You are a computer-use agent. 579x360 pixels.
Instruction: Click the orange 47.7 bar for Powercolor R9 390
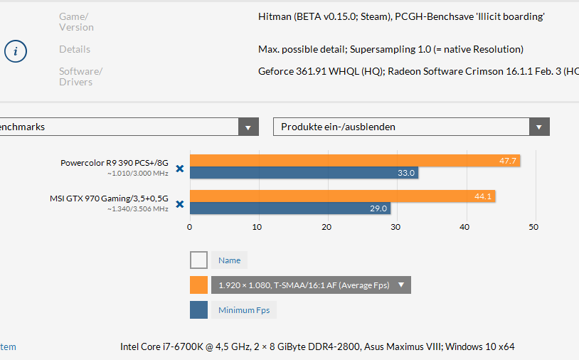pos(354,161)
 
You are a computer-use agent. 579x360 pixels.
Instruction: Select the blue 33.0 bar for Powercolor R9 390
pos(304,173)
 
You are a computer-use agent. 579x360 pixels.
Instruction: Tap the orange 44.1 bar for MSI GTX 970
pos(342,196)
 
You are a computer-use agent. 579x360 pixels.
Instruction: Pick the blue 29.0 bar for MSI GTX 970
pos(289,208)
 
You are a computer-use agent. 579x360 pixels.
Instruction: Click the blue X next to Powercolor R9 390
pos(180,169)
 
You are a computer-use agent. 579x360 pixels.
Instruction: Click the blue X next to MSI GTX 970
pos(180,204)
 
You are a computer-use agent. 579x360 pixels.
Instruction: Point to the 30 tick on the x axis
pos(395,227)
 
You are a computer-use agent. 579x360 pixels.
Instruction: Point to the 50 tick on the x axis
pos(533,227)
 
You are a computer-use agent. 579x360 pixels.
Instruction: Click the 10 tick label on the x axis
pos(257,227)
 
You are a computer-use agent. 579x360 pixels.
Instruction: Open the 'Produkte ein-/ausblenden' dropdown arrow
pos(539,127)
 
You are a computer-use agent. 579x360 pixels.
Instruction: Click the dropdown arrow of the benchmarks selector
pos(248,127)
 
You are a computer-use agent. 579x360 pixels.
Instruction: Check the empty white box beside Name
pos(198,260)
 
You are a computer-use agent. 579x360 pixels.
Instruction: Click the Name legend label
pos(229,260)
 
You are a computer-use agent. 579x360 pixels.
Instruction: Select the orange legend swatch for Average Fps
pos(198,285)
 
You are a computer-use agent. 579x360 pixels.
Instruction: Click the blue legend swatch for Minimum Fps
pos(198,310)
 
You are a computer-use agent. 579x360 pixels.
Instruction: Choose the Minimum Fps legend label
pos(243,310)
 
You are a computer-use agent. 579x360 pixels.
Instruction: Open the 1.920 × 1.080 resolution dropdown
pos(311,285)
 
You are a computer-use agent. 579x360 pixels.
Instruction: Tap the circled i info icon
pos(16,52)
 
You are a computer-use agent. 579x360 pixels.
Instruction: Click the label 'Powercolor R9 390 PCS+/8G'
pos(114,162)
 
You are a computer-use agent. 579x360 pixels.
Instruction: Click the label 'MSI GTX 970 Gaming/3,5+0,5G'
pos(109,198)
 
